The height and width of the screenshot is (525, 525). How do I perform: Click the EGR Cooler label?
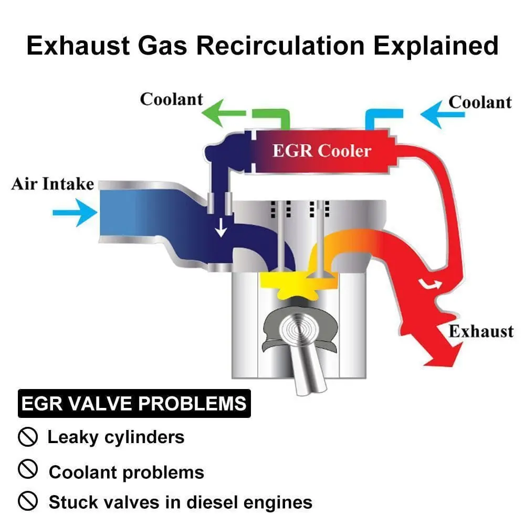click(x=321, y=151)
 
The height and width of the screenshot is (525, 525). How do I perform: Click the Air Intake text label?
click(x=52, y=184)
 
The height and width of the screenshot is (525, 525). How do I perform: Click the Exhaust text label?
click(x=480, y=332)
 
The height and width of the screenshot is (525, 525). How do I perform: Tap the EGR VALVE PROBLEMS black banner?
click(x=134, y=403)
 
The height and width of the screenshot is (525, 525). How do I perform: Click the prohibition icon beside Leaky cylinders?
click(x=27, y=437)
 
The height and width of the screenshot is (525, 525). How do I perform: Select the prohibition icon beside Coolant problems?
click(x=27, y=470)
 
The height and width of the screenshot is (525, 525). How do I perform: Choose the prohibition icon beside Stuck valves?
click(x=27, y=501)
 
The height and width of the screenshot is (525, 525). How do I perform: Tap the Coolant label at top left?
click(x=171, y=99)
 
